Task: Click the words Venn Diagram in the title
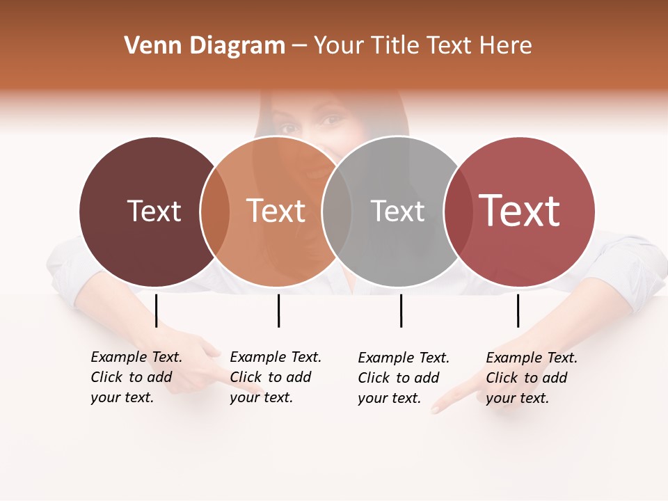point(205,46)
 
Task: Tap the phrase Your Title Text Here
point(422,46)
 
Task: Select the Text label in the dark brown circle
point(154,211)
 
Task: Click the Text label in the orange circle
point(276,211)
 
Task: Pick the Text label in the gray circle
point(397,211)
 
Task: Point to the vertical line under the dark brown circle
point(157,310)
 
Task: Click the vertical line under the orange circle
point(278,310)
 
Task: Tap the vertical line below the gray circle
point(401,310)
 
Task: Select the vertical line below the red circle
point(518,310)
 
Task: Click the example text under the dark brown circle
point(136,377)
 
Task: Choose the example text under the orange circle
point(276,377)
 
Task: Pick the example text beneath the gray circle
point(404,378)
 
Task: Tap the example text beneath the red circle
point(532,378)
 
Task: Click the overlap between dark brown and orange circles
point(215,212)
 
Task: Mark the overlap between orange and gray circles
point(337,212)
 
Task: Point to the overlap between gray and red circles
point(457,212)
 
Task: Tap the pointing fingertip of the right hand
point(437,409)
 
